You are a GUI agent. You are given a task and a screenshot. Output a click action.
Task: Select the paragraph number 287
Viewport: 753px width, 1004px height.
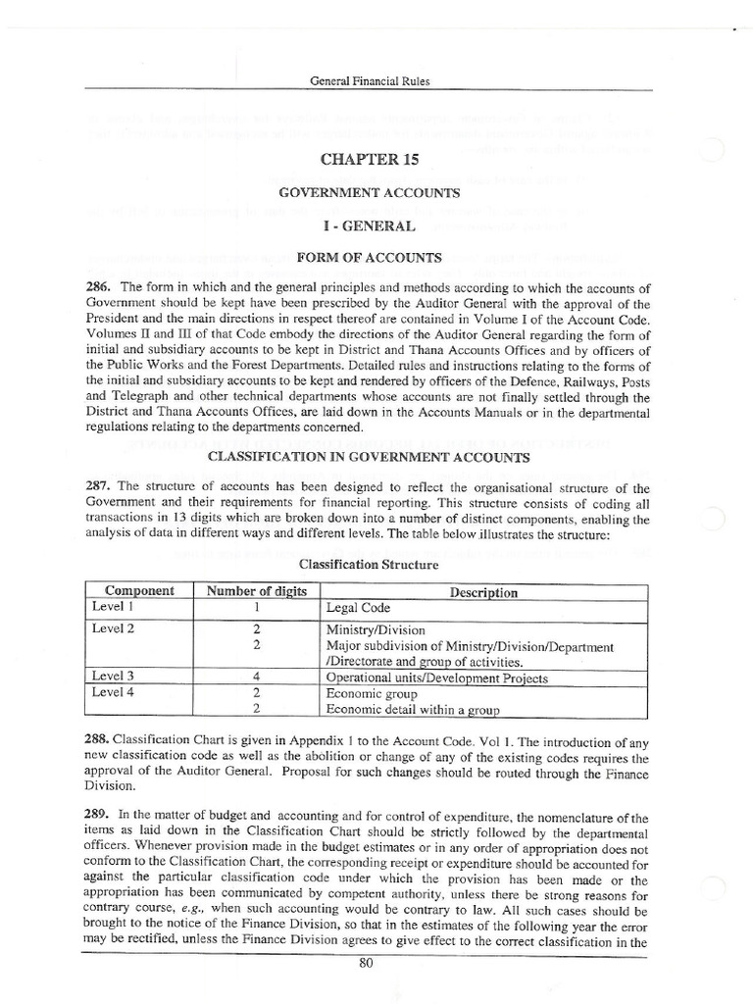[100, 488]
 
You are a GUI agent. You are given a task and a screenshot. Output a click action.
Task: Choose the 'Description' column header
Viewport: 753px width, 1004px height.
[483, 592]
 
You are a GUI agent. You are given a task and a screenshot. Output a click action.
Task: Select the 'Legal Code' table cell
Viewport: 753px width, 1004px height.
[358, 608]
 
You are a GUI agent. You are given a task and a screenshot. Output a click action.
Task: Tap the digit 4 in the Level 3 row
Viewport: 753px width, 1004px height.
[256, 677]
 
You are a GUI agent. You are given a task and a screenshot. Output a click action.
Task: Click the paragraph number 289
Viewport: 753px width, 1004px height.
[100, 814]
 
